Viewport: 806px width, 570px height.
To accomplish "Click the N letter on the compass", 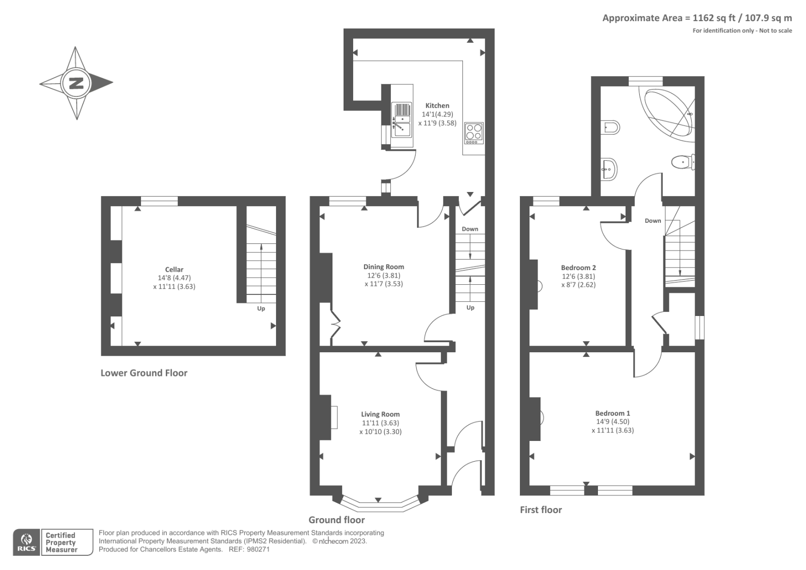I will click(x=76, y=83).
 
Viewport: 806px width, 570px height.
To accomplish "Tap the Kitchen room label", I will click(x=437, y=105).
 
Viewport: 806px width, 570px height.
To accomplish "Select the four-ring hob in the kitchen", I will click(x=474, y=133).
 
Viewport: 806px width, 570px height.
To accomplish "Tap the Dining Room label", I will click(x=383, y=267).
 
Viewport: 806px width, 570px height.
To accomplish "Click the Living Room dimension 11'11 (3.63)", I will click(x=380, y=423).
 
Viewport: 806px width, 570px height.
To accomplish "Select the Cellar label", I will click(x=174, y=269).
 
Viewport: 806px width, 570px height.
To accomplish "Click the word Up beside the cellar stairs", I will click(x=261, y=308).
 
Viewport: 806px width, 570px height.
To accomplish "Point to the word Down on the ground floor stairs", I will click(x=470, y=229).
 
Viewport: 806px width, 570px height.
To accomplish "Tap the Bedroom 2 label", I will click(x=578, y=268).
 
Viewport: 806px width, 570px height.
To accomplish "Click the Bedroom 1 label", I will click(x=613, y=413).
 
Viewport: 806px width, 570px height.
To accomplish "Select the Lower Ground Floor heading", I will click(x=144, y=373).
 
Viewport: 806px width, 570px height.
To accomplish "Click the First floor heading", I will click(x=541, y=510).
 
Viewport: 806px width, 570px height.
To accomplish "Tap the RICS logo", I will click(x=26, y=542).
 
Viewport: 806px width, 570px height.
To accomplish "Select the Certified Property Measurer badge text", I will click(x=61, y=542).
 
